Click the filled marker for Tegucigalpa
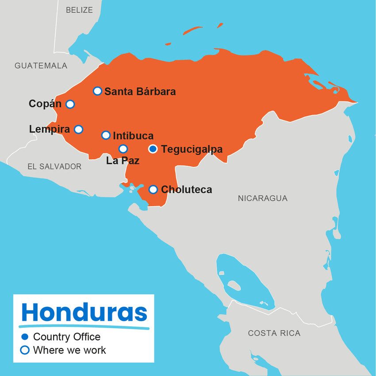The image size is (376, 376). click(x=153, y=149)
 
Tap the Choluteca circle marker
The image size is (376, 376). click(x=153, y=189)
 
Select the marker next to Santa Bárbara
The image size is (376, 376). click(x=97, y=91)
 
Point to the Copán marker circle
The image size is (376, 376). click(x=70, y=104)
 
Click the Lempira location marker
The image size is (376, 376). click(x=78, y=129)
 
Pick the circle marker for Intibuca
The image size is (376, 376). click(x=106, y=135)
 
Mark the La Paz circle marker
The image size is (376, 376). click(x=123, y=149)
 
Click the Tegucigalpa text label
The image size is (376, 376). click(x=192, y=149)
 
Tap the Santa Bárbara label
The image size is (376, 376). click(x=140, y=92)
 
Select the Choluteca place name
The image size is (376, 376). click(x=186, y=190)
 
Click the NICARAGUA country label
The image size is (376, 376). click(x=262, y=198)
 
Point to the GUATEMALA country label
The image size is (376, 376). click(x=41, y=65)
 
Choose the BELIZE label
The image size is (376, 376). click(x=79, y=10)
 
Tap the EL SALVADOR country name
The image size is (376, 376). click(x=54, y=166)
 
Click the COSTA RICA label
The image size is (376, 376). click(x=274, y=333)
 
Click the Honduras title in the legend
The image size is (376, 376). click(x=84, y=312)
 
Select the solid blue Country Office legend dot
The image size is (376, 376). click(x=25, y=337)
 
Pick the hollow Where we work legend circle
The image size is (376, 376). click(x=25, y=350)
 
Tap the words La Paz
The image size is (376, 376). click(x=123, y=161)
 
